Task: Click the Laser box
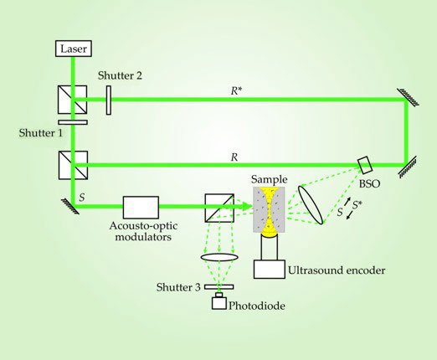(74, 49)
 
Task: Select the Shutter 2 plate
(109, 100)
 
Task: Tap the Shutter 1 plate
(73, 122)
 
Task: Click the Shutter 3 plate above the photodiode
(219, 287)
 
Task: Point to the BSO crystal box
(365, 165)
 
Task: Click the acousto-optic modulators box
(141, 208)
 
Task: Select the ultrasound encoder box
(270, 270)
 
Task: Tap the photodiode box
(219, 303)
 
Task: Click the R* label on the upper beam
(234, 90)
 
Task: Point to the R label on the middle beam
(234, 157)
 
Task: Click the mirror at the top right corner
(408, 97)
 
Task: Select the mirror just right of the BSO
(408, 167)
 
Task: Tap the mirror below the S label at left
(70, 206)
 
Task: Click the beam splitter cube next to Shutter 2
(72, 100)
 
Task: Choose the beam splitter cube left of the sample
(219, 208)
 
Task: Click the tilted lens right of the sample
(311, 205)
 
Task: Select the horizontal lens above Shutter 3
(219, 257)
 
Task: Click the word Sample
(269, 179)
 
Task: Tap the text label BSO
(369, 183)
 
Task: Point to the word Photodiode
(257, 306)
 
